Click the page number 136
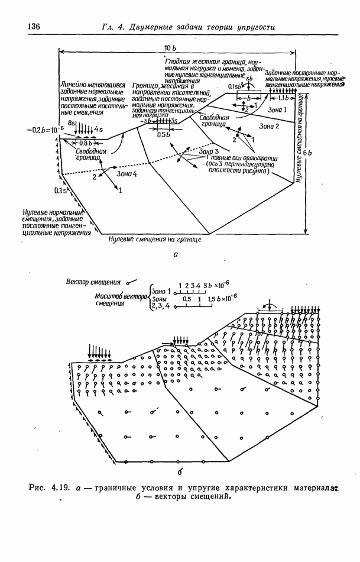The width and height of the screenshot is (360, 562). coord(34,26)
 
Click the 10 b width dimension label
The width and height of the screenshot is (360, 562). coord(169,47)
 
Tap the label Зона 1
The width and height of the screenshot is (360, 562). coord(276,110)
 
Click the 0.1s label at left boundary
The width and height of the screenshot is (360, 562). coord(60,190)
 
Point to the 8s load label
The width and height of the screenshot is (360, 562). coord(72,122)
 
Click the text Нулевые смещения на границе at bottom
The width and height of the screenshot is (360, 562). coord(155,240)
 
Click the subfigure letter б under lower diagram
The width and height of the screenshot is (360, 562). coord(180,471)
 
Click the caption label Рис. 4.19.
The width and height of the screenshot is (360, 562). coord(49,488)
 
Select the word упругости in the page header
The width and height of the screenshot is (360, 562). coord(254,27)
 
